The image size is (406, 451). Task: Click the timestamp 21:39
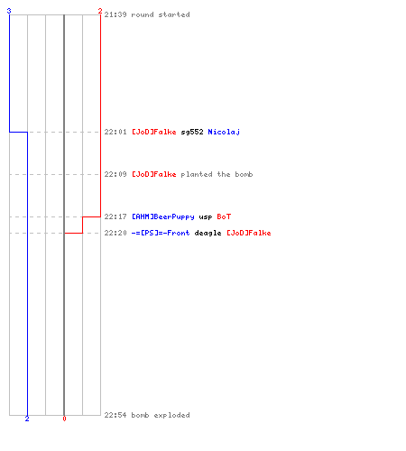pyautogui.click(x=115, y=14)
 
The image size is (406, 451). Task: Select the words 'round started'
pyautogui.click(x=161, y=14)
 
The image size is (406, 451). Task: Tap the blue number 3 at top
pyautogui.click(x=9, y=11)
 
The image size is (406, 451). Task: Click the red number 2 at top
pyautogui.click(x=100, y=11)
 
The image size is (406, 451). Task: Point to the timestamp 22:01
pyautogui.click(x=115, y=132)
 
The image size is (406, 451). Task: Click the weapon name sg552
pyautogui.click(x=192, y=132)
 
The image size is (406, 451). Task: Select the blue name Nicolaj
pyautogui.click(x=224, y=132)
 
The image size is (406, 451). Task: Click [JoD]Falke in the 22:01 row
pyautogui.click(x=154, y=132)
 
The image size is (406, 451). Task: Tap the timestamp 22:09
pyautogui.click(x=115, y=174)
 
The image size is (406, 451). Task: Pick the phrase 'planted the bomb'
pyautogui.click(x=217, y=174)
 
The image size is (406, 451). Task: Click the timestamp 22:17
pyautogui.click(x=115, y=216)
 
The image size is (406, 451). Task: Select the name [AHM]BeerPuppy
pyautogui.click(x=163, y=216)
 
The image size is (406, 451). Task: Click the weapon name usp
pyautogui.click(x=206, y=217)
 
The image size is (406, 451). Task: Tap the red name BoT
pyautogui.click(x=224, y=216)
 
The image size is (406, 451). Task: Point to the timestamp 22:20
pyautogui.click(x=115, y=233)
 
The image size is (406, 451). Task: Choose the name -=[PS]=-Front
pyautogui.click(x=161, y=233)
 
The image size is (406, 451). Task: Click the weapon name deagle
pyautogui.click(x=208, y=233)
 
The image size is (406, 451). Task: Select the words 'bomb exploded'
pyautogui.click(x=161, y=415)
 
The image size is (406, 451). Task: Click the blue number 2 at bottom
pyautogui.click(x=27, y=419)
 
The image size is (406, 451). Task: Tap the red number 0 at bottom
pyautogui.click(x=64, y=419)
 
